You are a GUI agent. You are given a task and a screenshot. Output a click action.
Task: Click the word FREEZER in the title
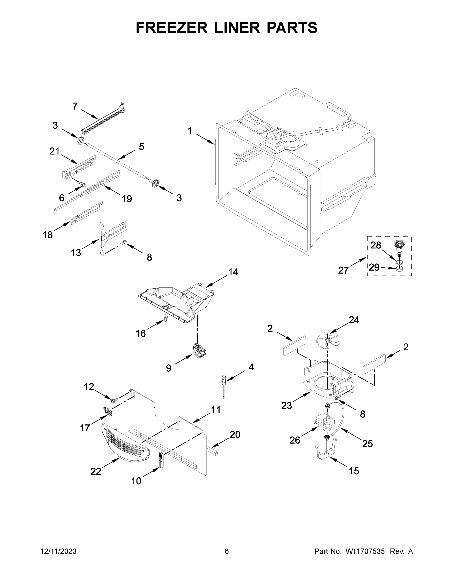[x=171, y=28]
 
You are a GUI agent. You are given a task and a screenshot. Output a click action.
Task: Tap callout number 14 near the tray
[x=233, y=272]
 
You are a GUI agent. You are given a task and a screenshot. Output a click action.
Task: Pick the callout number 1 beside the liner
[x=190, y=131]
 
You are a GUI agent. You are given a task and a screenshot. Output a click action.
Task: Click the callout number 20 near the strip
[x=235, y=434]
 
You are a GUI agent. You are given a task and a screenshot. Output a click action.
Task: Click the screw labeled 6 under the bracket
[x=84, y=184]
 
